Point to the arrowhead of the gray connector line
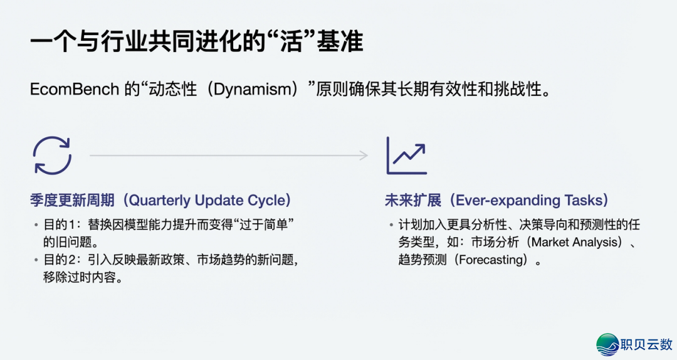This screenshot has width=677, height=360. [x=364, y=155]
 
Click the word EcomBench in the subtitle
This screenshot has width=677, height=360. [x=74, y=90]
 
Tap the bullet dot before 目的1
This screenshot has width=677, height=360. [x=36, y=225]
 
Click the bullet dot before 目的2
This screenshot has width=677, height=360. [x=36, y=260]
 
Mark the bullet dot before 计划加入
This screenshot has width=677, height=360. [x=391, y=225]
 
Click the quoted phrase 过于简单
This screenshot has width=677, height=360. [x=263, y=225]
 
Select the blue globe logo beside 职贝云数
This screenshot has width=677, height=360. [x=607, y=344]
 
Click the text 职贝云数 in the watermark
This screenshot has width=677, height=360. [x=646, y=344]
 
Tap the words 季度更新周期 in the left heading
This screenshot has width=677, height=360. [x=72, y=201]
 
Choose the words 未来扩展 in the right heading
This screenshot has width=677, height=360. [x=413, y=201]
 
